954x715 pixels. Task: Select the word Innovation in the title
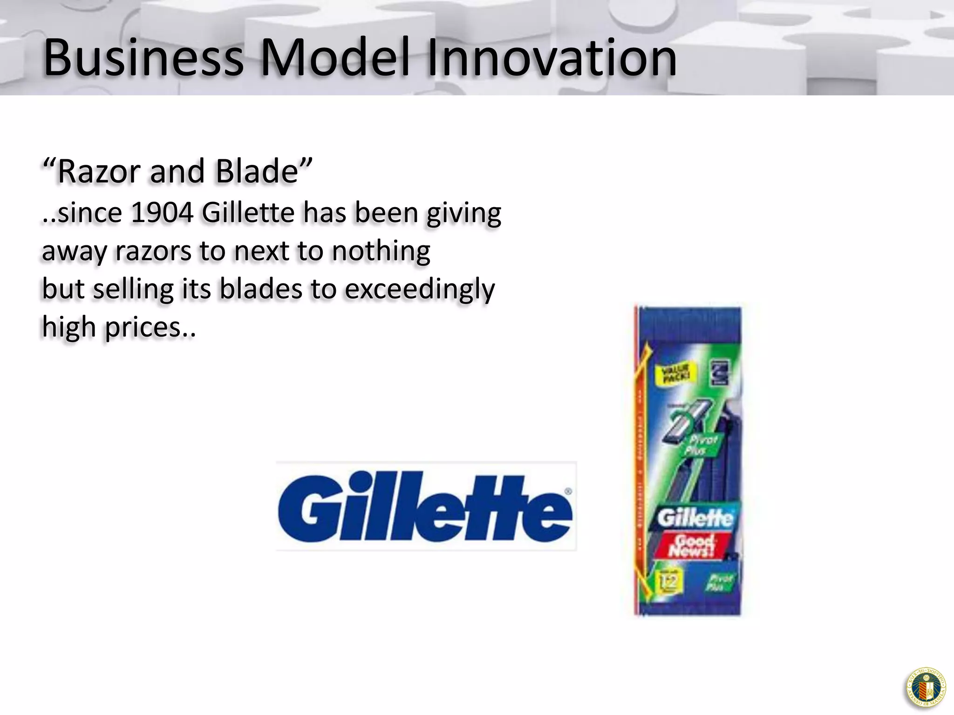[x=551, y=58]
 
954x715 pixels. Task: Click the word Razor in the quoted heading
[x=98, y=171]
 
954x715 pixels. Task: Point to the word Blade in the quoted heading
[x=257, y=171]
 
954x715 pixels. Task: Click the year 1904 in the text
[x=162, y=213]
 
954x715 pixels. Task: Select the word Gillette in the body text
[x=248, y=213]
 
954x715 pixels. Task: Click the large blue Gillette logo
[x=425, y=506]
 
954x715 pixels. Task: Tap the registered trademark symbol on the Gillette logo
[x=568, y=491]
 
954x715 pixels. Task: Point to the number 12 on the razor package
[x=669, y=581]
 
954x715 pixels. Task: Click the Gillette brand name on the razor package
[x=695, y=518]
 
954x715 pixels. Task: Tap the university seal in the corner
[x=926, y=688]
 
